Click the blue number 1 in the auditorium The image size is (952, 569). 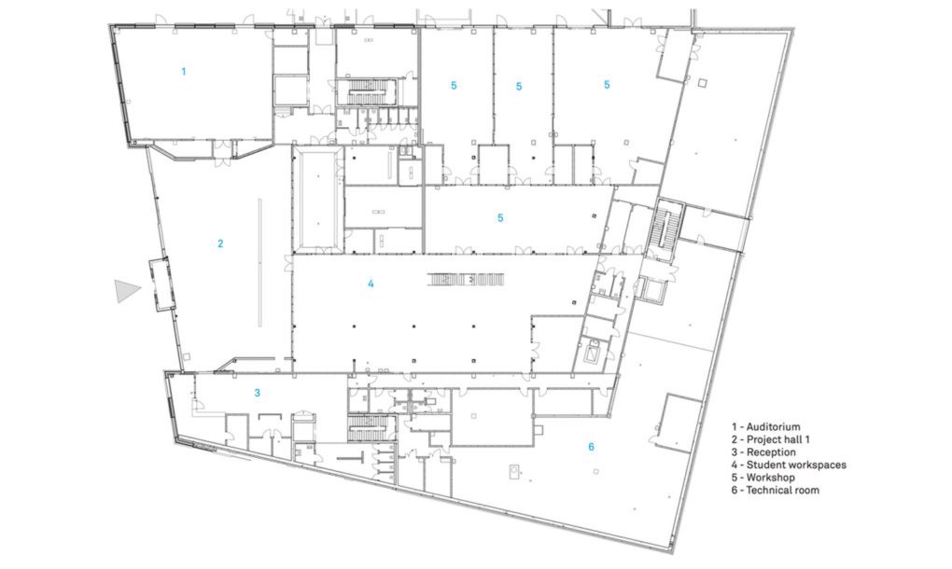184,72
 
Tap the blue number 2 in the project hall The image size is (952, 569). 220,243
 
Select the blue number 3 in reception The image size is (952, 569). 257,393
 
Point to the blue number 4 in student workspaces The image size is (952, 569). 371,284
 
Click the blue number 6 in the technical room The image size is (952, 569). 592,447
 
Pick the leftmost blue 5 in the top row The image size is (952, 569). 454,86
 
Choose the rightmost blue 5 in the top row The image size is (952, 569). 607,85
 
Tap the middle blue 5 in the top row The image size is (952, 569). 519,87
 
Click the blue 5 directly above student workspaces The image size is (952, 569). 500,217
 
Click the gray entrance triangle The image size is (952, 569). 126,291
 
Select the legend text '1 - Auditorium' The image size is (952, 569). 765,427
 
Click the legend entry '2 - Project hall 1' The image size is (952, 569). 770,439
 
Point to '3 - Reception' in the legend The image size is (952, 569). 763,452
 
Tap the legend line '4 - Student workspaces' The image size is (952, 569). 789,465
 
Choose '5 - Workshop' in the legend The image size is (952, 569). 763,478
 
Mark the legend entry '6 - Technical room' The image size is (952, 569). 776,490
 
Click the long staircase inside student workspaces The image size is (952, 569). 467,280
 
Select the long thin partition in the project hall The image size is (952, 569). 259,263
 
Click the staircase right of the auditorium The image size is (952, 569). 370,92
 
